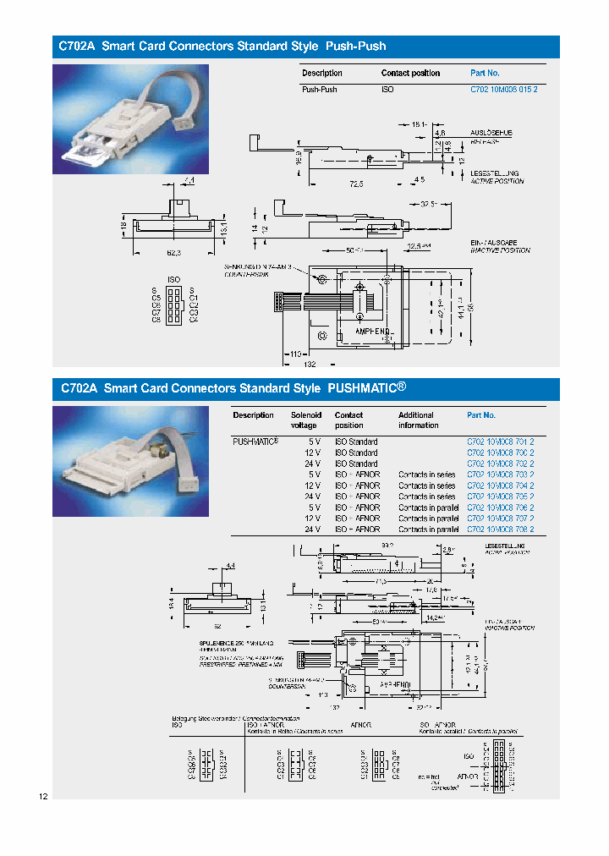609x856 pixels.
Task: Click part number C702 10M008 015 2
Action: [x=503, y=89]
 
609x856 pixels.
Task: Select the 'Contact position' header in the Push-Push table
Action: [x=410, y=74]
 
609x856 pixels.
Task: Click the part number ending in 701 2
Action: [x=501, y=442]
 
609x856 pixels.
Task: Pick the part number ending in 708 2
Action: [x=501, y=530]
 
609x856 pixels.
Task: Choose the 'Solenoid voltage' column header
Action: [x=306, y=420]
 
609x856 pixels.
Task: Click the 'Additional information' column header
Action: [x=420, y=420]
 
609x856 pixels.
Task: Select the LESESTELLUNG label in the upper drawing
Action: [x=495, y=173]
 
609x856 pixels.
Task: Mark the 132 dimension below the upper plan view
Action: [x=310, y=364]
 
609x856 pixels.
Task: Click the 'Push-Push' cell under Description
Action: [x=320, y=89]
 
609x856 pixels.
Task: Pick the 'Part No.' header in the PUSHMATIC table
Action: [x=481, y=415]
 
